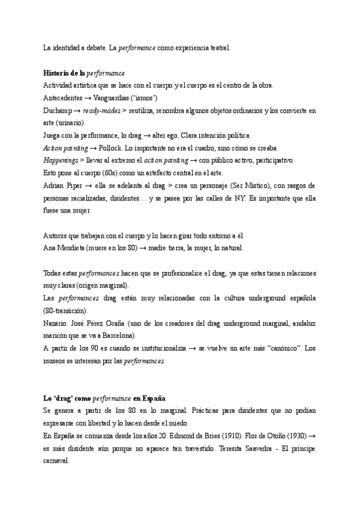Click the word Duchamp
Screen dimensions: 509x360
(x=58, y=110)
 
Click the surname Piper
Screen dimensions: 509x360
(x=74, y=185)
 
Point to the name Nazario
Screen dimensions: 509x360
(x=57, y=323)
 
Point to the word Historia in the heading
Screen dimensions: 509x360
(x=58, y=73)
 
